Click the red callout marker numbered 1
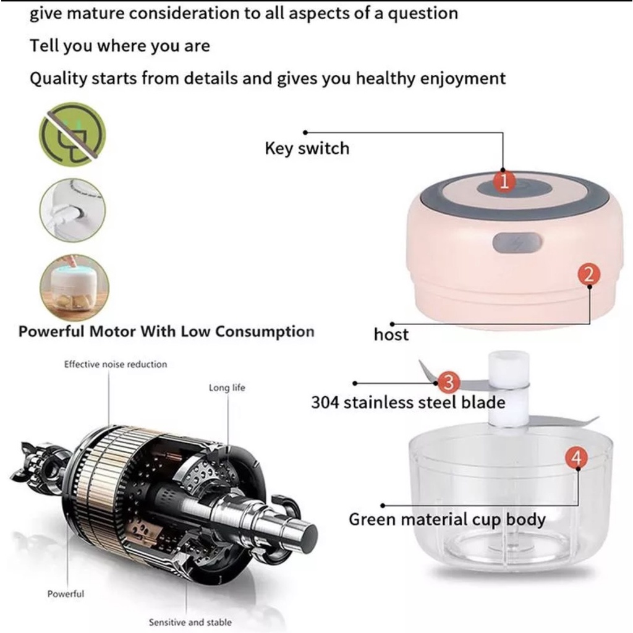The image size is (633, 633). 504,182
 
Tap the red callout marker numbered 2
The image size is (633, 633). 588,274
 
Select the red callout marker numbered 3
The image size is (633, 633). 448,382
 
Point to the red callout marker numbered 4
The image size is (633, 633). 576,458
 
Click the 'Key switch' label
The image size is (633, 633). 307,148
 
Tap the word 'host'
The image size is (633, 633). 391,334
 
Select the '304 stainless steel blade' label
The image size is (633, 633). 408,403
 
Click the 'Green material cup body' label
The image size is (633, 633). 447,519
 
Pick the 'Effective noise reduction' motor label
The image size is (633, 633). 116,364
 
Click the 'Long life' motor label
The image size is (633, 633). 227,388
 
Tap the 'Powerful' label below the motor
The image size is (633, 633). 66,594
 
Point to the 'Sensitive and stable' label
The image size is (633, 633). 190,622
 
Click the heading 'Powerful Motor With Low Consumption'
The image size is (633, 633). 166,331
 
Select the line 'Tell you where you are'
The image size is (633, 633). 120,46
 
